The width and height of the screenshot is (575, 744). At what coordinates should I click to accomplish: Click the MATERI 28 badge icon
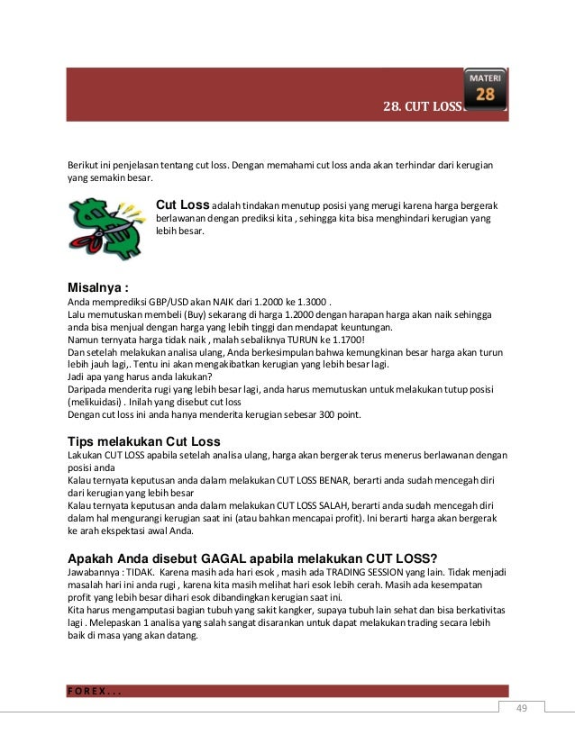[485, 87]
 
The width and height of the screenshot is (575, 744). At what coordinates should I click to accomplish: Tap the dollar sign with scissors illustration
[105, 227]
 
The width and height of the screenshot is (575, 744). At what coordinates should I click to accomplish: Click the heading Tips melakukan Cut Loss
[144, 442]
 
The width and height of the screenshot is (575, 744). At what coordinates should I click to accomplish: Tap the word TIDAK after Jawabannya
[141, 571]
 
